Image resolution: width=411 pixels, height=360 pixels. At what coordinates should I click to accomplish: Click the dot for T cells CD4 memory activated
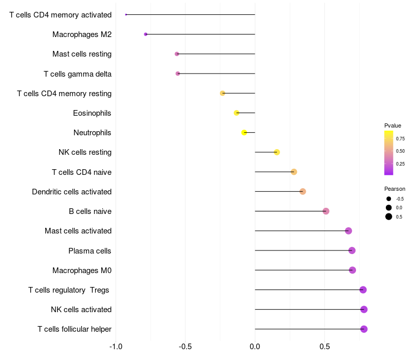(126, 14)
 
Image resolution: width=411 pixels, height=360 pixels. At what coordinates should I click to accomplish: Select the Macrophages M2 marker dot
(145, 34)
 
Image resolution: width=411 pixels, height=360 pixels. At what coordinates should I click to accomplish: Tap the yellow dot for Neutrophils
(245, 133)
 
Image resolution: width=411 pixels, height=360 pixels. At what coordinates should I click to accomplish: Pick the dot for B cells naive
(326, 211)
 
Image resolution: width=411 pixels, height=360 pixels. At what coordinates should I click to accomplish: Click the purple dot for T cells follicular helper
(364, 329)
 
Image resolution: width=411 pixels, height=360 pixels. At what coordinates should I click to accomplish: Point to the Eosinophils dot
(236, 113)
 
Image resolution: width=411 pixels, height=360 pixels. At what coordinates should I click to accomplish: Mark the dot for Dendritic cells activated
(303, 191)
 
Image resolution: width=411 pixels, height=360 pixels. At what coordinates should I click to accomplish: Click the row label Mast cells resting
(82, 54)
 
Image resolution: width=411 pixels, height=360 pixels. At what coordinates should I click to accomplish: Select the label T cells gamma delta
(78, 74)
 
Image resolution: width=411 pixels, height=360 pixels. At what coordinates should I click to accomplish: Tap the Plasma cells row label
(90, 251)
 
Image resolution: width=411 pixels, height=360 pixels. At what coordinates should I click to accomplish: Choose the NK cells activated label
(81, 310)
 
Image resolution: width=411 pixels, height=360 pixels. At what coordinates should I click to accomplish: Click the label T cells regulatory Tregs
(69, 290)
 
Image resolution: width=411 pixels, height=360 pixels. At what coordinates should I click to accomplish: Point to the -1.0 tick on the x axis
(116, 346)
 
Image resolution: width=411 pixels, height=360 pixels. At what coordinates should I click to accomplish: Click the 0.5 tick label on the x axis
(325, 346)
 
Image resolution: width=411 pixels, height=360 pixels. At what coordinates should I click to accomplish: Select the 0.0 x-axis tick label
(255, 346)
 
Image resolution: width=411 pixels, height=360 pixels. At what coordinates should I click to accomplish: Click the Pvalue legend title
(393, 125)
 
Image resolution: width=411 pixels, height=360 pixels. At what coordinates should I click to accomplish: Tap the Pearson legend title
(395, 189)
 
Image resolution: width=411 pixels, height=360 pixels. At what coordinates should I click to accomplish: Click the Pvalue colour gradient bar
(388, 153)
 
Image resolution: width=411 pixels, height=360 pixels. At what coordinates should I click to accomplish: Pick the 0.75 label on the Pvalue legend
(400, 138)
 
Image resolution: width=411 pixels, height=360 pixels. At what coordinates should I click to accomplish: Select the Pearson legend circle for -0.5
(389, 199)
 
